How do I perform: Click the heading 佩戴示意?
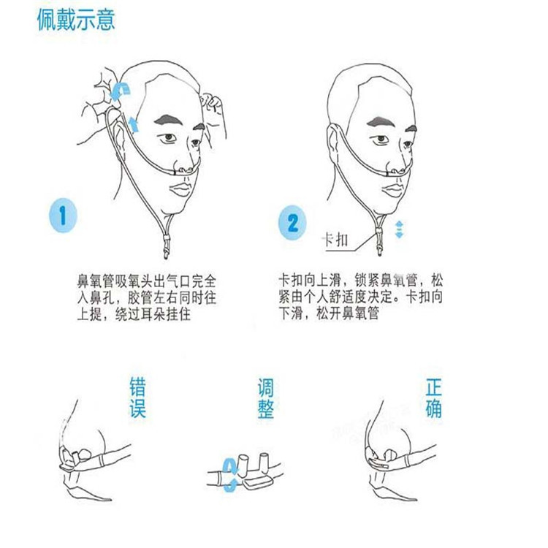(x=76, y=20)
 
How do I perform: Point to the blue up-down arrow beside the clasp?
(x=399, y=229)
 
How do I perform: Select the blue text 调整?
(x=265, y=397)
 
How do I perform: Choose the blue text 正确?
(x=433, y=397)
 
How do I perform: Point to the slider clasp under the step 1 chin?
(x=167, y=240)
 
